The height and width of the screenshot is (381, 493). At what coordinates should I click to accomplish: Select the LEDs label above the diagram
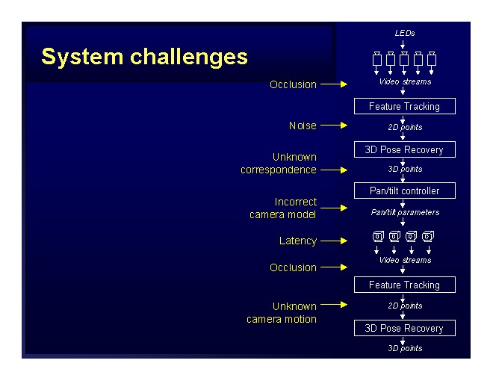coord(404,33)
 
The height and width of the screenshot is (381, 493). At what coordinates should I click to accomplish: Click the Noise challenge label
coord(303,126)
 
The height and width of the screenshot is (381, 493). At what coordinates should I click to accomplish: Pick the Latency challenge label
coord(298,241)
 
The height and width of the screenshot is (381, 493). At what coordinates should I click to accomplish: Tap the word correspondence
coord(278,170)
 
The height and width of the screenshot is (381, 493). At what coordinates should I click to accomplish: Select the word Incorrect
coord(296,202)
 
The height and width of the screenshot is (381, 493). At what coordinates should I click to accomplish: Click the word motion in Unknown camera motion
coord(300,319)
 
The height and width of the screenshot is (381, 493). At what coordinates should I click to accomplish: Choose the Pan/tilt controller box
coord(404,191)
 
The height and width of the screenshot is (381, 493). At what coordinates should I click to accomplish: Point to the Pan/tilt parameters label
coord(405,212)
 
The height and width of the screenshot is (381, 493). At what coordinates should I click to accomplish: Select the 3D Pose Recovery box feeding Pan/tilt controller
coord(404,150)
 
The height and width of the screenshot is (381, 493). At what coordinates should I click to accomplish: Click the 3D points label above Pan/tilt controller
coord(405,169)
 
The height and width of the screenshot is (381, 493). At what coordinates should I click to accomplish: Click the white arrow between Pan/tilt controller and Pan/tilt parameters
coord(404,202)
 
